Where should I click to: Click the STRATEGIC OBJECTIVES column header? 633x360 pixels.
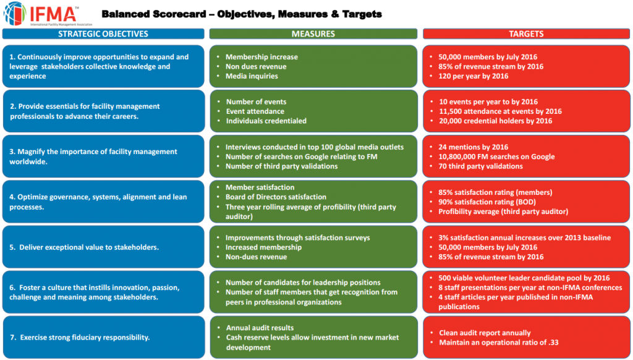tap(103, 34)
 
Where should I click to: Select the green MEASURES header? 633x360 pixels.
tap(313, 34)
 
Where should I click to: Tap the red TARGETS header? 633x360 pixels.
tap(526, 34)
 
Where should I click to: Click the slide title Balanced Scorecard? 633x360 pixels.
tap(241, 14)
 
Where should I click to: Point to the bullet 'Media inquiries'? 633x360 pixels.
tap(252, 76)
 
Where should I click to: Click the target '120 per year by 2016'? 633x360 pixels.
tap(474, 76)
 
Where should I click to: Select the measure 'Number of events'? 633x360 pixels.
tap(256, 101)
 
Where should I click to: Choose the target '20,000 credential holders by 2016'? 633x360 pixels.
tap(496, 121)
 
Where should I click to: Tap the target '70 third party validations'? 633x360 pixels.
tap(480, 166)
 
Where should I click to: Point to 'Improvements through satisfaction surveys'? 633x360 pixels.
tap(298, 238)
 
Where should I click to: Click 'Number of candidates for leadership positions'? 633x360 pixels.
tap(303, 283)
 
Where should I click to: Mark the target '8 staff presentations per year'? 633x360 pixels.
tap(530, 287)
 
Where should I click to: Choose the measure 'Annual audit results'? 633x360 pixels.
tap(260, 328)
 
